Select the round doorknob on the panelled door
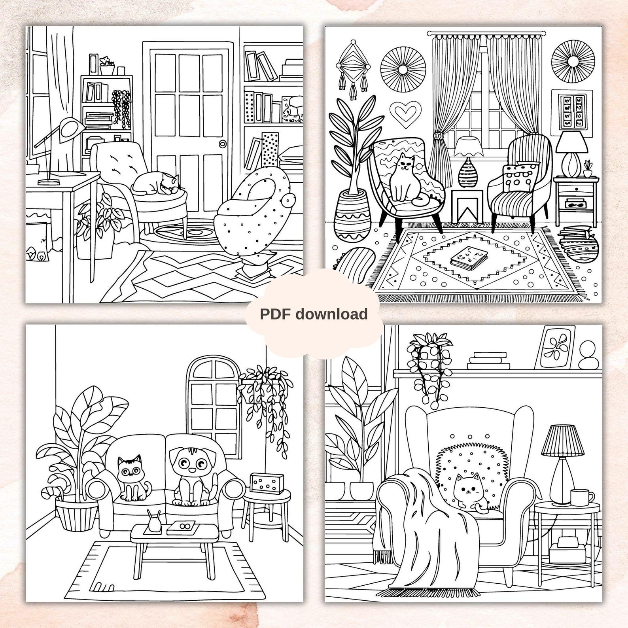point(223,144)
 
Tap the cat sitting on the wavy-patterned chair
point(404,178)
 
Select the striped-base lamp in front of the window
point(468,163)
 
